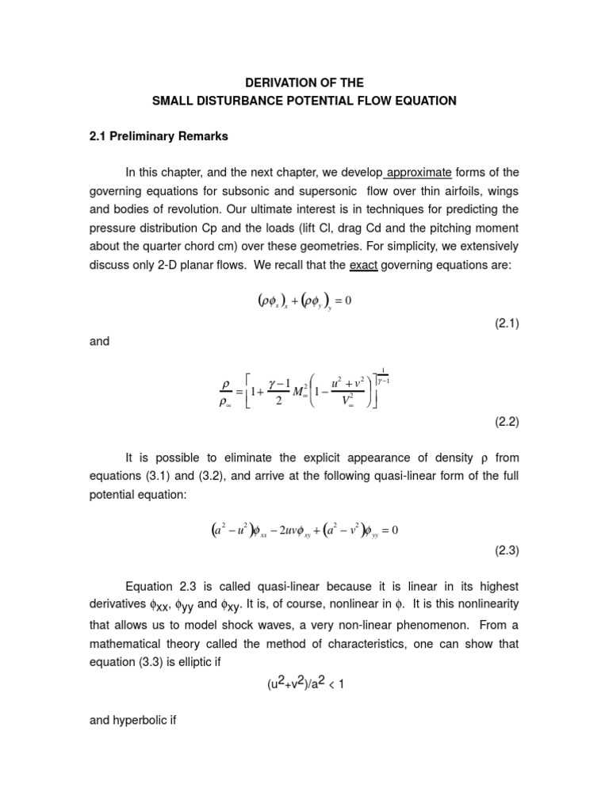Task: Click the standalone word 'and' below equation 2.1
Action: click(x=101, y=342)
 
